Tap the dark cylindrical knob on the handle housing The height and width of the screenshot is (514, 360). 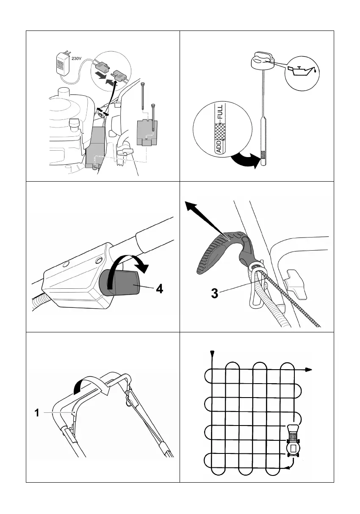click(x=119, y=282)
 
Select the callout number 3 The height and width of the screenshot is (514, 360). click(x=215, y=293)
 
